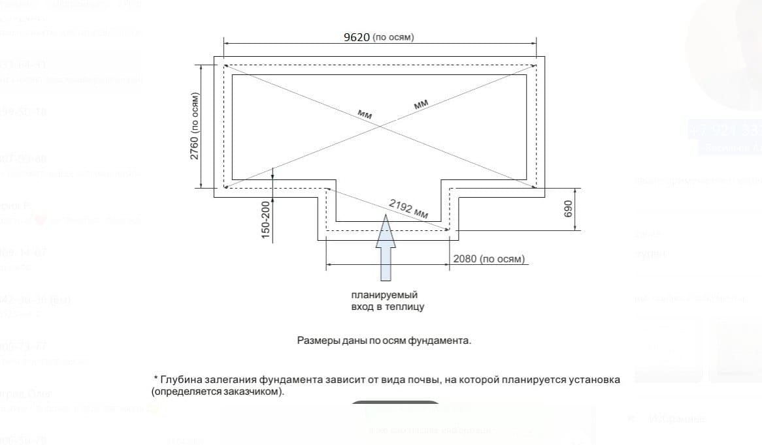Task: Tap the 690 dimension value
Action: tap(567, 209)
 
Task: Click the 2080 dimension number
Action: tap(465, 260)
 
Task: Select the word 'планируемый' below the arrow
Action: tap(384, 295)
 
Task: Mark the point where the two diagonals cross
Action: tap(380, 124)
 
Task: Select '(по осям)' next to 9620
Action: tap(393, 38)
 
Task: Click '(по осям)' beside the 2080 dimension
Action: tap(502, 260)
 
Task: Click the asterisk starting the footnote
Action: tap(156, 378)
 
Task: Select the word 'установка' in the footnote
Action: tap(595, 380)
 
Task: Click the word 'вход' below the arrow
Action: tap(359, 307)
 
